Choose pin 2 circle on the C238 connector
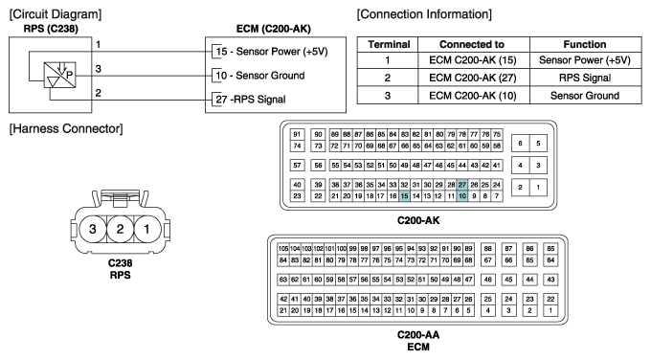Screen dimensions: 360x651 [x=120, y=230]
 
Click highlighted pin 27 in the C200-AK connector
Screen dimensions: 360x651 [x=462, y=184]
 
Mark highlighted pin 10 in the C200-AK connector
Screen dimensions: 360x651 [x=462, y=195]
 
